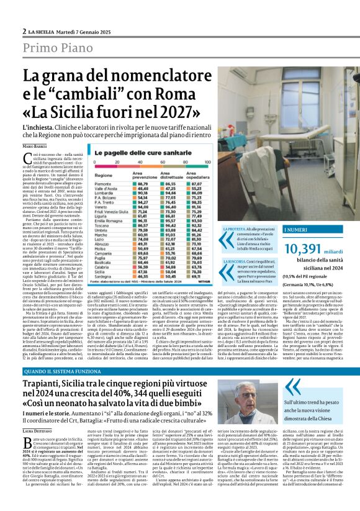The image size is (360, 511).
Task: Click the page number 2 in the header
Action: (24, 31)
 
